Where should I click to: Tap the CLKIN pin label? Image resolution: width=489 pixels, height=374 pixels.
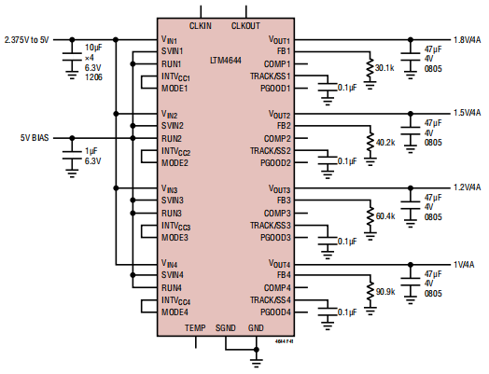pos(201,25)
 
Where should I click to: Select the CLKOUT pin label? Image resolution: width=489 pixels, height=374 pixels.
pos(245,25)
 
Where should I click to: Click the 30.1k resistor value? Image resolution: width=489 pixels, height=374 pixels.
pos(384,68)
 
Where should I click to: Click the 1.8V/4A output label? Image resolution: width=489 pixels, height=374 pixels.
pos(467,40)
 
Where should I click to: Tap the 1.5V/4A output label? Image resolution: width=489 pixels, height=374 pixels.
pos(467,113)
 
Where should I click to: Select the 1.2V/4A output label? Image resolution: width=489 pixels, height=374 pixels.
pos(467,187)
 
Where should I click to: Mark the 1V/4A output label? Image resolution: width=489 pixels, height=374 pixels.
pos(469,263)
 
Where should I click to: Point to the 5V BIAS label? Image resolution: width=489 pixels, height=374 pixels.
pos(35,138)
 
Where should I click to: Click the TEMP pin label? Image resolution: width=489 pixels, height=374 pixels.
pos(195,328)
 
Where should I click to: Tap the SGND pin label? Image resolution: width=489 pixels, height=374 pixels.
pos(226,328)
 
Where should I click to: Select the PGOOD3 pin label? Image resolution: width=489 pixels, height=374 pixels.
pos(274,237)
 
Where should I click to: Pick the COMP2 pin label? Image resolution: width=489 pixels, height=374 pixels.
pos(277,138)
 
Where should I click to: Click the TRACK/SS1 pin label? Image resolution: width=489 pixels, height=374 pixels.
pos(271,76)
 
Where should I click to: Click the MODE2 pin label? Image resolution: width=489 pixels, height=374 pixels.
pos(175,162)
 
